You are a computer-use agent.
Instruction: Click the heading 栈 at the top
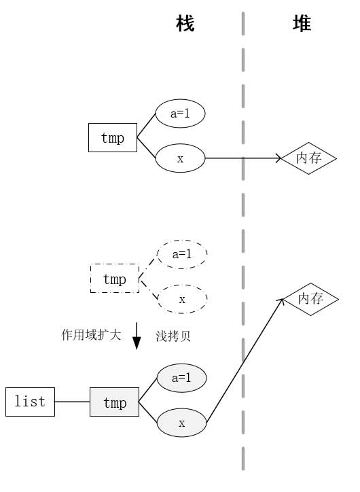coord(185,24)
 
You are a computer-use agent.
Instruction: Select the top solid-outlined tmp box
coord(113,138)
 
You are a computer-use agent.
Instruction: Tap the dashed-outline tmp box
coord(114,279)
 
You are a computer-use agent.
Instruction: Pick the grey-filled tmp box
coord(114,403)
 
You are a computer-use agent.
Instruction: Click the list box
coord(30,402)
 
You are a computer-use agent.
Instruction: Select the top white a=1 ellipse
coord(180,114)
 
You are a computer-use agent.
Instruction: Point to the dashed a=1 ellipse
coord(182,254)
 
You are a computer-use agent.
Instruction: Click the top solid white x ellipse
coord(180,159)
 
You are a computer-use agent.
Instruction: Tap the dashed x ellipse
coord(182,299)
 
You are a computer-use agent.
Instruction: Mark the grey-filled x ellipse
coord(181,423)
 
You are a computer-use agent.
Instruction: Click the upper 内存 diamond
coord(310,158)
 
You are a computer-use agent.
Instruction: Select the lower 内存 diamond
coord(310,299)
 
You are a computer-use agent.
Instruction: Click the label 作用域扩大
coord(91,335)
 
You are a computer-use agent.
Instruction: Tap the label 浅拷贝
coord(173,336)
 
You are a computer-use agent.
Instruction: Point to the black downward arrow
coord(136,336)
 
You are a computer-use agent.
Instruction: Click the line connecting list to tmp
coord(72,402)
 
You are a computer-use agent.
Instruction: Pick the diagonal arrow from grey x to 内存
coord(245,360)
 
